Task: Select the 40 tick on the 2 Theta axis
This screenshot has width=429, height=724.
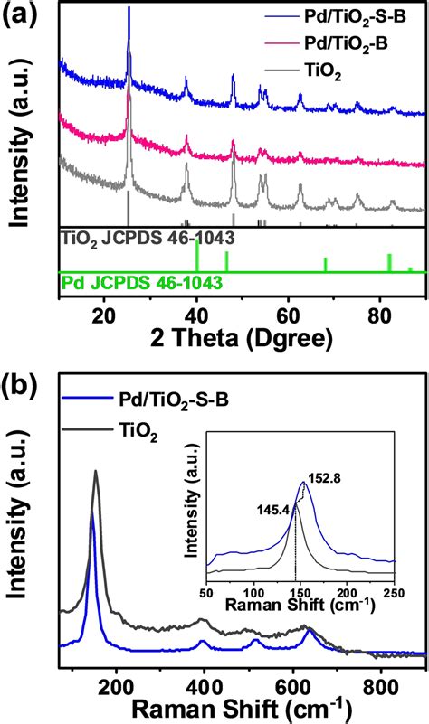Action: click(196, 311)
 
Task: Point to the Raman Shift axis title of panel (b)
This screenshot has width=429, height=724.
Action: click(243, 703)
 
